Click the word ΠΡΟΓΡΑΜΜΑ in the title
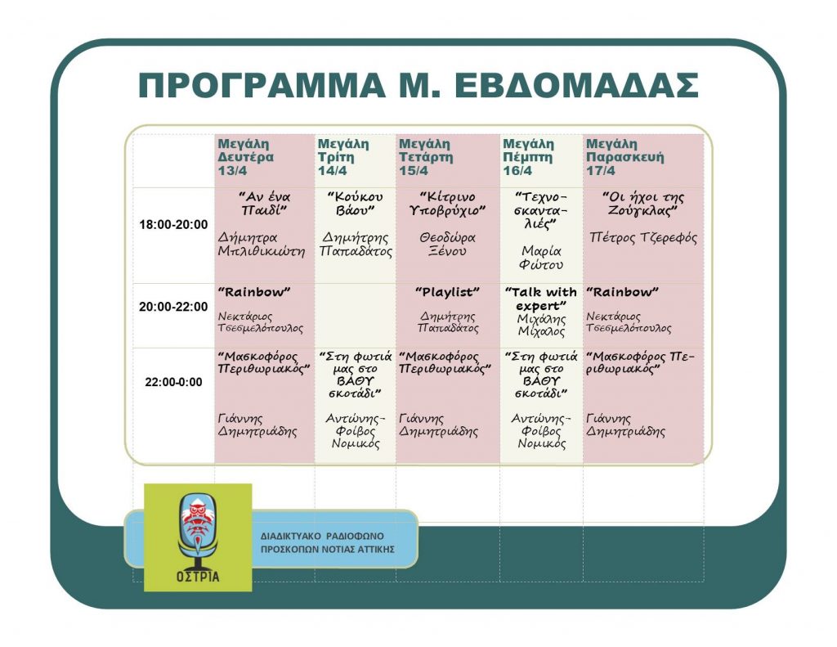262,86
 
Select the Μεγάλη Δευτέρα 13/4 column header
245,157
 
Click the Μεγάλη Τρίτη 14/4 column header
343,157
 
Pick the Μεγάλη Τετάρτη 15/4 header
426,157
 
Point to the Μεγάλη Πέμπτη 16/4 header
529,157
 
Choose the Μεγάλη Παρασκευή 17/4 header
625,157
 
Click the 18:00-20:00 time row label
173,224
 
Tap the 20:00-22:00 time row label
173,307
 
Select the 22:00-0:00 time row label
173,382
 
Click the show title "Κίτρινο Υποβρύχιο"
447,204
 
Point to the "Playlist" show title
447,292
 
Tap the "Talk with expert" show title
541,299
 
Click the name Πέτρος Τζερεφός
643,238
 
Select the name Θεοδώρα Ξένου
447,245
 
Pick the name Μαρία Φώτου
541,258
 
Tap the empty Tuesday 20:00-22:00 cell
355,316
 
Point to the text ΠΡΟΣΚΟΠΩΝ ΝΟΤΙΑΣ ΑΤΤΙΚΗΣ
328,549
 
